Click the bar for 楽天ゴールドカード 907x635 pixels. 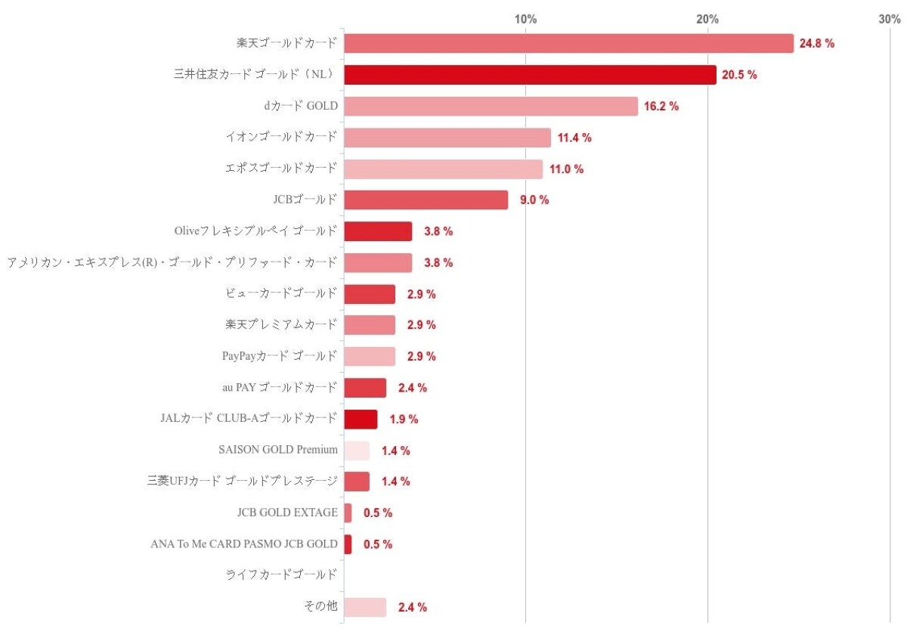pos(568,43)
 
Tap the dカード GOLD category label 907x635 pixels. pos(301,106)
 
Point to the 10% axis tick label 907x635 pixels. pos(526,19)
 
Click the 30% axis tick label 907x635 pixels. pos(890,19)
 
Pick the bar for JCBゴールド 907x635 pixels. pos(426,200)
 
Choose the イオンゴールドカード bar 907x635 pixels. pos(447,138)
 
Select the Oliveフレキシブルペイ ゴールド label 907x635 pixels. pos(255,231)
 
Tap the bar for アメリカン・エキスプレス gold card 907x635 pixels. pos(378,262)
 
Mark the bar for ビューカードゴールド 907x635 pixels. pos(370,294)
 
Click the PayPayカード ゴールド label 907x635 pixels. pos(280,356)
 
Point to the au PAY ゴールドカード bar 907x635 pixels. pos(365,388)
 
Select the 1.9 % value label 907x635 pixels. pos(404,420)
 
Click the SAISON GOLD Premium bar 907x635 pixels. pos(357,451)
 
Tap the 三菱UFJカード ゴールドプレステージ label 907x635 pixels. pos(243,482)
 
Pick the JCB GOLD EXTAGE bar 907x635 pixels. pos(348,513)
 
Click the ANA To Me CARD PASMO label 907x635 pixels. pos(244,544)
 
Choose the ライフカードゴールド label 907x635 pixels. pos(281,575)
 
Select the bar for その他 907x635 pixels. pos(365,607)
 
